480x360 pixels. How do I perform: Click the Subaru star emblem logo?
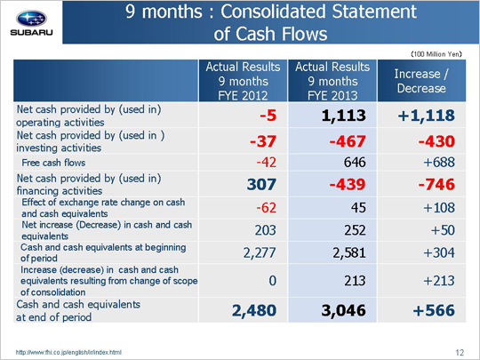coord(31,19)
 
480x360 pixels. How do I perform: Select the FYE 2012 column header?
coord(243,81)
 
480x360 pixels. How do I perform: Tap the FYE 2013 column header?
coord(332,81)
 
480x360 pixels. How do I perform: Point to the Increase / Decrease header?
coord(421,81)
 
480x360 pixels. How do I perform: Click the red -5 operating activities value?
coord(268,116)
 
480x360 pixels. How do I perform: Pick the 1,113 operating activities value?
coord(343,116)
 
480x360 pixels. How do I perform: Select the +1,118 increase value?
coord(426,116)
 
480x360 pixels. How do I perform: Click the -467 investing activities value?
coord(348,141)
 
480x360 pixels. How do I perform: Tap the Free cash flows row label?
coord(53,163)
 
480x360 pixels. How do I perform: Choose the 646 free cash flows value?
coord(355,163)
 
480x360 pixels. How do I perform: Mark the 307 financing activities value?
coord(261,184)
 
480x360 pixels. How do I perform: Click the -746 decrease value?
coord(436,184)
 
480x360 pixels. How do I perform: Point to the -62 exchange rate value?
coord(267,208)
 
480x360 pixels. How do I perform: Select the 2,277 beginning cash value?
coord(260,252)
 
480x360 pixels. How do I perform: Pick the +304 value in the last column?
coord(439,252)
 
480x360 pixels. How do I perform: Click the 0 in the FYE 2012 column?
coord(273,280)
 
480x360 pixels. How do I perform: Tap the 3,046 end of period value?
coord(343,310)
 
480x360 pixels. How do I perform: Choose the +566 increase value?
coord(434,310)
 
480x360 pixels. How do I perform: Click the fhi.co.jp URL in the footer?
coord(68,352)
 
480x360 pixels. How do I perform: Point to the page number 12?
coord(460,353)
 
